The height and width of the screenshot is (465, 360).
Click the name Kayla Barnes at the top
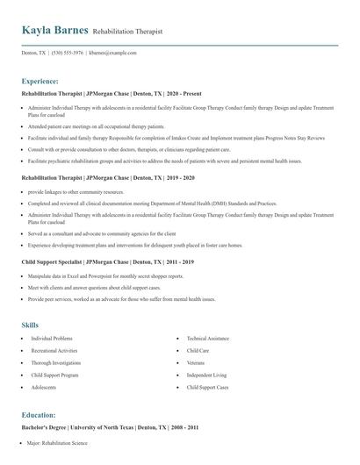click(54, 31)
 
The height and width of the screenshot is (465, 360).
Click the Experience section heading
click(41, 80)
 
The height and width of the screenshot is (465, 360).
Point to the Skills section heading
click(30, 325)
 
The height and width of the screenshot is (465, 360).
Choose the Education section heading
click(40, 414)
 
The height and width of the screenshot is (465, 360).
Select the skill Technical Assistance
click(207, 338)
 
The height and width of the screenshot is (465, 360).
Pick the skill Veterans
click(195, 362)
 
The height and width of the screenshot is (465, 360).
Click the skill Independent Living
click(205, 375)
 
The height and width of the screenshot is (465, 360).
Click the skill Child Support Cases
click(207, 387)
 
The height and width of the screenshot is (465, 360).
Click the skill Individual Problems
click(52, 338)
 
